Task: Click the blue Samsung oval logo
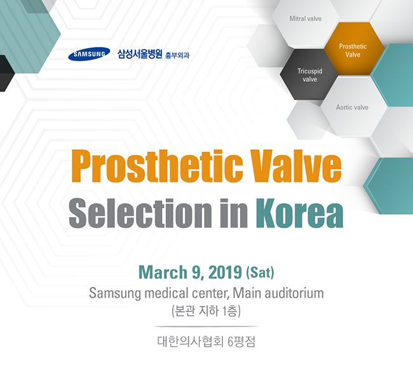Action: pos(89,54)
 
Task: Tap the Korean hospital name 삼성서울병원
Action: pos(140,54)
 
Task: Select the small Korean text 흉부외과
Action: pos(177,55)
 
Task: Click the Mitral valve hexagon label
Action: pos(306,18)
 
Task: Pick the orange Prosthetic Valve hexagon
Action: pos(353,50)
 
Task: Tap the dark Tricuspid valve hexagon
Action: pos(309,75)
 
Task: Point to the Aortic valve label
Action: pos(352,107)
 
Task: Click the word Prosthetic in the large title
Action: pos(157,166)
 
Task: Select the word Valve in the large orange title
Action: pos(296,166)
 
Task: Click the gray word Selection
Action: pos(140,213)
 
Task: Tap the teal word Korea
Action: pos(300,213)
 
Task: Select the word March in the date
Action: pos(163,272)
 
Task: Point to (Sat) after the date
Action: pos(260,273)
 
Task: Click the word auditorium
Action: pos(294,293)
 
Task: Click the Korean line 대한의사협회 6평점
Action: pos(207,342)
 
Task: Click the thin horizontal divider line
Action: pos(207,326)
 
